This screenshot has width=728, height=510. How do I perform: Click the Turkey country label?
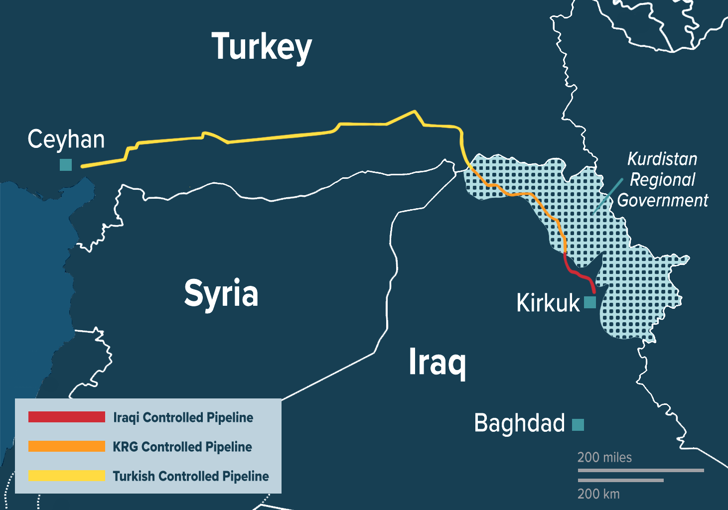(262, 47)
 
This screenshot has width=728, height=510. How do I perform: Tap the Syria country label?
(221, 294)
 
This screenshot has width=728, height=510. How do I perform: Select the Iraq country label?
(437, 362)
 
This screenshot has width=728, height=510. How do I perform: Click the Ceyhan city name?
(66, 139)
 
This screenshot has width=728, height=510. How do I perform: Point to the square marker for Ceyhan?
(66, 165)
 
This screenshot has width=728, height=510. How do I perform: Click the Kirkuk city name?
(548, 303)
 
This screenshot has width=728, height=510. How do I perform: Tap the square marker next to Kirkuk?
(590, 302)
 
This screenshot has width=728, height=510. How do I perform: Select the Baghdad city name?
(519, 423)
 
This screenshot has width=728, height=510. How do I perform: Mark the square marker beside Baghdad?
(578, 425)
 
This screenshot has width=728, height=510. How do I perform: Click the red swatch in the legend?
(67, 417)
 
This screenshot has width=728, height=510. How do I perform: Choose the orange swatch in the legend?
(67, 446)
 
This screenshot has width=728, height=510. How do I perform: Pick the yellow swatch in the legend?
(67, 476)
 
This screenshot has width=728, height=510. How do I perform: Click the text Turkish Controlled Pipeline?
(191, 476)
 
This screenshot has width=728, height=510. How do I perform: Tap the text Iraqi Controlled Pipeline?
(183, 417)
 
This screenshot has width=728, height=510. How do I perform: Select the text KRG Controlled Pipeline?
(182, 447)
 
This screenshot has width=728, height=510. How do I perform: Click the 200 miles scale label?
(604, 457)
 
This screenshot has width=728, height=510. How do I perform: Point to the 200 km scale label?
(598, 494)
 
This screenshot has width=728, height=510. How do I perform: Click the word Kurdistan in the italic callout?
(662, 159)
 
